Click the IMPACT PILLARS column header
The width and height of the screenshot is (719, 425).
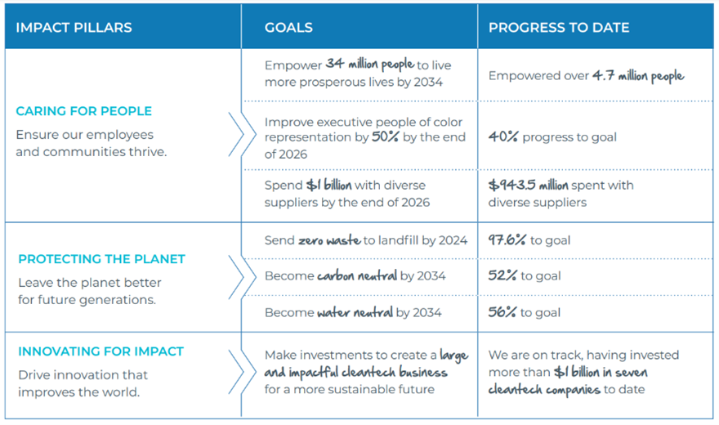pyautogui.click(x=74, y=28)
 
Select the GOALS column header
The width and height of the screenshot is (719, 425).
pyautogui.click(x=288, y=28)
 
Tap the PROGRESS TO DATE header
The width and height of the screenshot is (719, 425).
pyautogui.click(x=559, y=28)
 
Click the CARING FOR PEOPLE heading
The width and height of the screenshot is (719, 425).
pyautogui.click(x=83, y=111)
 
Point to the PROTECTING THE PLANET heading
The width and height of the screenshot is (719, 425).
pyautogui.click(x=101, y=259)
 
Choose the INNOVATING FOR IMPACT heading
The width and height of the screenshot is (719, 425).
pyautogui.click(x=100, y=351)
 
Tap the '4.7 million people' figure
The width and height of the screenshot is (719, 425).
pyautogui.click(x=638, y=75)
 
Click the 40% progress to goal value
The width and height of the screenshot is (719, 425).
pyautogui.click(x=503, y=137)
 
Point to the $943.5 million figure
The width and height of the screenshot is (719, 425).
pyautogui.click(x=528, y=186)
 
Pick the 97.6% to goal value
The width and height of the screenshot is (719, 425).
pyautogui.click(x=507, y=240)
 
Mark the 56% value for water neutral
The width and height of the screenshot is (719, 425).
pyautogui.click(x=502, y=312)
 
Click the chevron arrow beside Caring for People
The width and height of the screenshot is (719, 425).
pyautogui.click(x=236, y=134)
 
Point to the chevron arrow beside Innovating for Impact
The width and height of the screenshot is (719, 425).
pyautogui.click(x=236, y=372)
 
